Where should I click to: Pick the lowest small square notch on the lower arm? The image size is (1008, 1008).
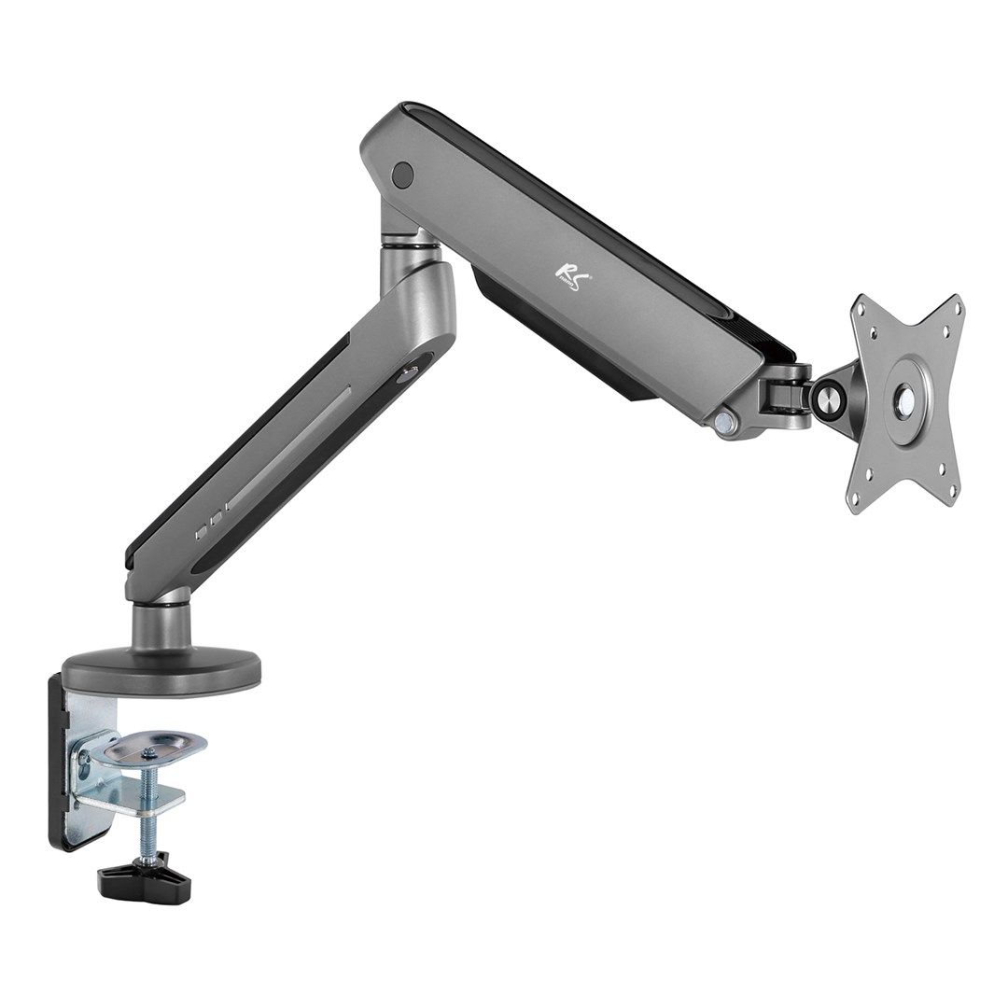coord(199,535)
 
